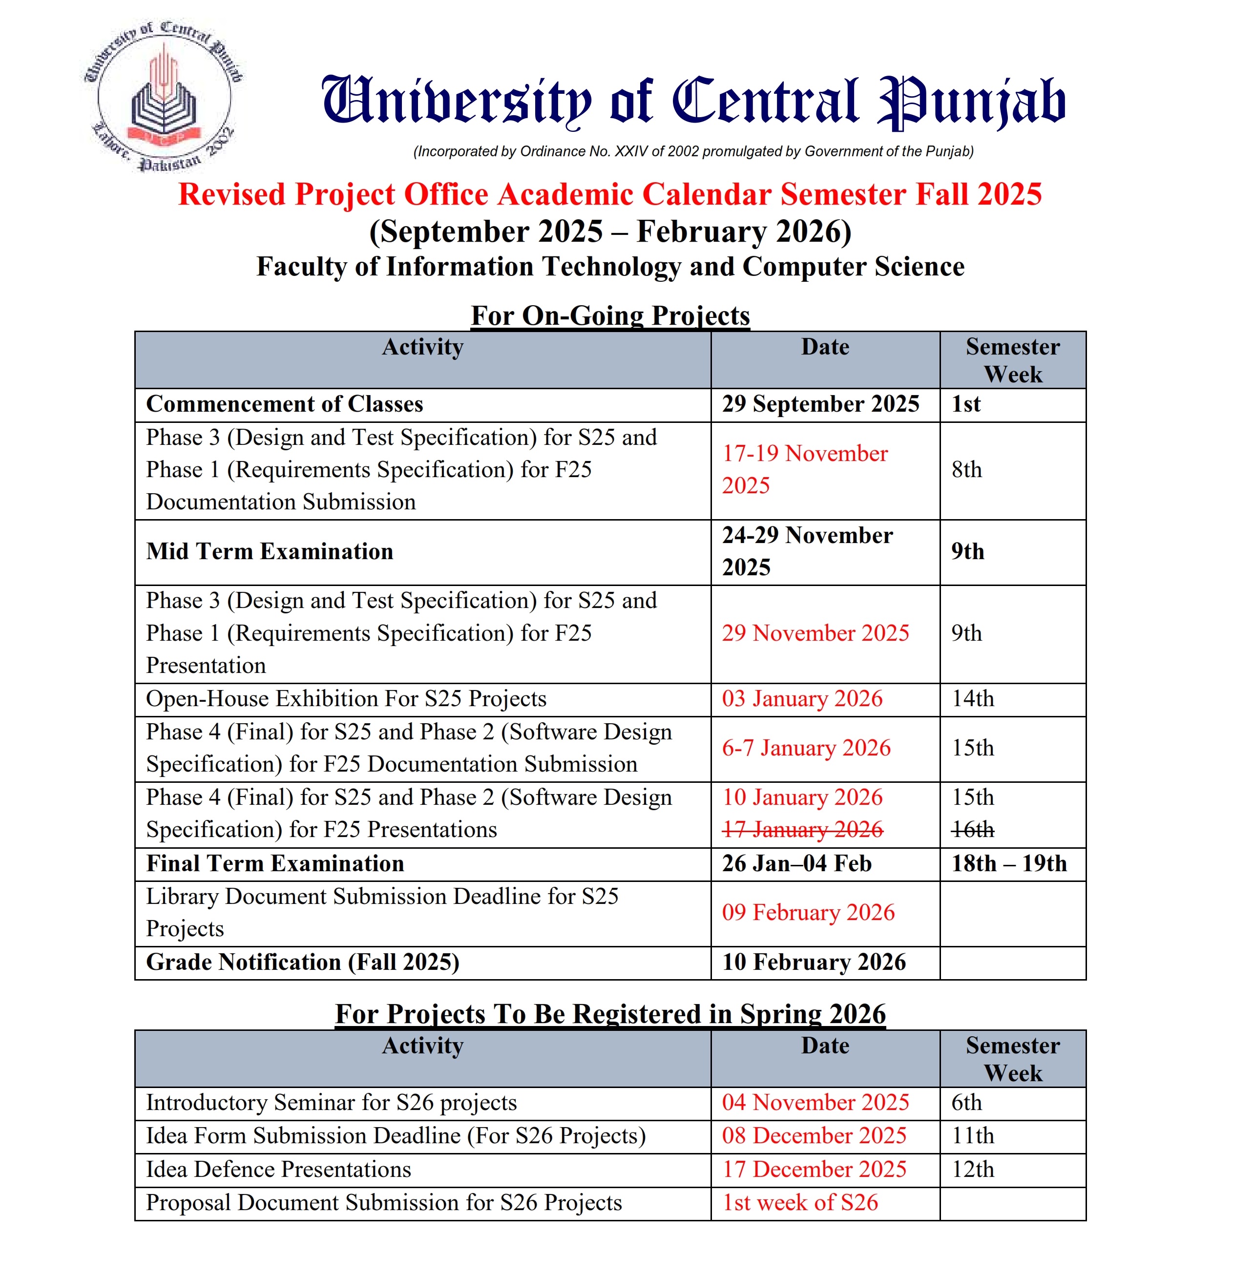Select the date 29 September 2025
[820, 404]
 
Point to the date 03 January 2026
[802, 699]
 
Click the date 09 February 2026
[808, 912]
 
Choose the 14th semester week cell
[972, 699]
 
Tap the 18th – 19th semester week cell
[1009, 863]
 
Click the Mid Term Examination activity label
[269, 552]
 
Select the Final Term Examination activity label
[274, 863]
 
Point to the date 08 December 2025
[814, 1136]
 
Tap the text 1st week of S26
[800, 1202]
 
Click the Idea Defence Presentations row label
[278, 1169]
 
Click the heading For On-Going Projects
[610, 315]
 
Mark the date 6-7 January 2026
[806, 748]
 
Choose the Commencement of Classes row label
[284, 404]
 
